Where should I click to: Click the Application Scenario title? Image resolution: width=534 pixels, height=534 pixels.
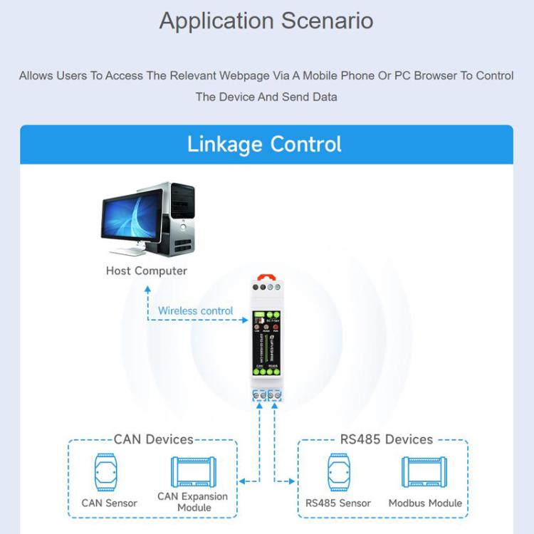tap(266, 21)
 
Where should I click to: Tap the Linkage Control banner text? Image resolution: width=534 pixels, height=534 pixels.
tap(264, 145)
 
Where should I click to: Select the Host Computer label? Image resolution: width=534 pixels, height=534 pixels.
tap(147, 271)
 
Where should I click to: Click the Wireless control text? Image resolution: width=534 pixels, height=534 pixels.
tap(195, 310)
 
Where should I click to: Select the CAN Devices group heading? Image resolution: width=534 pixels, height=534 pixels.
tap(153, 439)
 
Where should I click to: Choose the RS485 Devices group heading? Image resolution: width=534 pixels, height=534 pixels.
tap(386, 439)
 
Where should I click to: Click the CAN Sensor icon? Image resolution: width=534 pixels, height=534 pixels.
tap(109, 472)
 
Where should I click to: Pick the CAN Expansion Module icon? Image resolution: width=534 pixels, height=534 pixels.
tap(192, 472)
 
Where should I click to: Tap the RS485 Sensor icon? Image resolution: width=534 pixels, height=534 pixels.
tap(338, 472)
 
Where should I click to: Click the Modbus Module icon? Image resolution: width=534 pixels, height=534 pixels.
tap(424, 472)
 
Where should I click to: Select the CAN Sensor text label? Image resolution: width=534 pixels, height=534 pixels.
tap(109, 503)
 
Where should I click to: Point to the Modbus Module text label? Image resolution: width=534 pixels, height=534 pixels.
tap(425, 503)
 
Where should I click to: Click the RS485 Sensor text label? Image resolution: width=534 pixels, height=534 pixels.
tap(338, 503)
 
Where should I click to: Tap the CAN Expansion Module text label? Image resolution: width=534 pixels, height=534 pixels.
tap(192, 501)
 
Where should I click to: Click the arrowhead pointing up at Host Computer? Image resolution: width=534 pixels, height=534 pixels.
tap(147, 289)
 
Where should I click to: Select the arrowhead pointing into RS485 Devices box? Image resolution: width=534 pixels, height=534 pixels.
tap(291, 482)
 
